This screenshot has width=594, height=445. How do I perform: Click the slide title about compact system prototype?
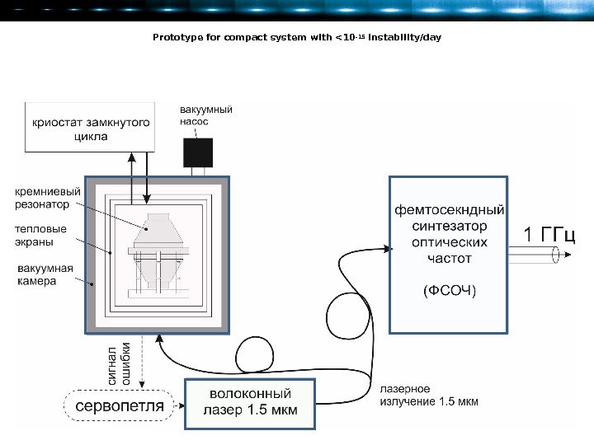click(x=297, y=38)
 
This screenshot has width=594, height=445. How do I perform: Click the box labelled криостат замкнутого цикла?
click(x=91, y=128)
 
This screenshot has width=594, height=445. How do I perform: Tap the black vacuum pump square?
click(x=198, y=152)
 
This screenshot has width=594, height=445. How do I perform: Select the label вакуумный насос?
click(x=205, y=115)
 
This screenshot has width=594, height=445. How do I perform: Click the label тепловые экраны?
click(x=40, y=236)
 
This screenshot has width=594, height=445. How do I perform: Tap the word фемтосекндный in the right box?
click(x=449, y=209)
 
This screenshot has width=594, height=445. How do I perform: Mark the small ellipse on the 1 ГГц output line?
click(x=556, y=255)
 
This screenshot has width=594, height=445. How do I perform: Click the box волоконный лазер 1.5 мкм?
click(x=249, y=403)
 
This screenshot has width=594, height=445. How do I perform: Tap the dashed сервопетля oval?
click(x=120, y=406)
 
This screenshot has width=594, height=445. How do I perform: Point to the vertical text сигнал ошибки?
click(x=120, y=363)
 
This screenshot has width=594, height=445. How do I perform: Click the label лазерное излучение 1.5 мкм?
click(x=428, y=396)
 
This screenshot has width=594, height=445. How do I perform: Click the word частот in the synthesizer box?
click(x=449, y=258)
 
